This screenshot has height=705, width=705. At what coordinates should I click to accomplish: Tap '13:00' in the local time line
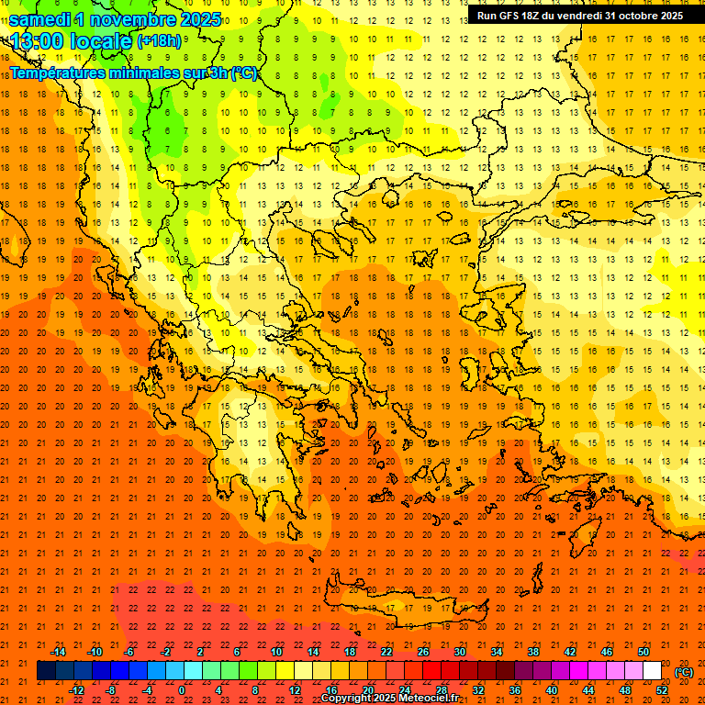[x=39, y=41]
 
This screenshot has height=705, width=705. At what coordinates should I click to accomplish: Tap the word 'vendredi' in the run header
[x=575, y=16]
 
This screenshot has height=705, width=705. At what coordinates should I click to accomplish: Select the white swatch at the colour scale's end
[x=652, y=671]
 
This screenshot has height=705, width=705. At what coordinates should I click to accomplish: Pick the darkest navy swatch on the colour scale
[x=46, y=671]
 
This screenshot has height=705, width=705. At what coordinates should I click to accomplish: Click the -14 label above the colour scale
[x=58, y=652]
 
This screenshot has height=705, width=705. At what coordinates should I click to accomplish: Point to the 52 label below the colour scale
[x=662, y=689]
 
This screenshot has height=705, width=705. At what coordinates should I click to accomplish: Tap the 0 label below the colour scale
[x=182, y=689]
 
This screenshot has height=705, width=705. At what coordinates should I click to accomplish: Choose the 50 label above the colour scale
[x=643, y=652]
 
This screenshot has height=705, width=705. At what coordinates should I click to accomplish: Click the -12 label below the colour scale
[x=76, y=689]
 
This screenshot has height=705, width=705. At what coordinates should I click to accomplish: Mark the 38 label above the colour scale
[x=532, y=652]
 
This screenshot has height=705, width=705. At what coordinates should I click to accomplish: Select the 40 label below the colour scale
[x=551, y=689]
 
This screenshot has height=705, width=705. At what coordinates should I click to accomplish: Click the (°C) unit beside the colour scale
[x=684, y=672]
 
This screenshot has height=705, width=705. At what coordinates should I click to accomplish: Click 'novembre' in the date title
[x=133, y=19]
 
